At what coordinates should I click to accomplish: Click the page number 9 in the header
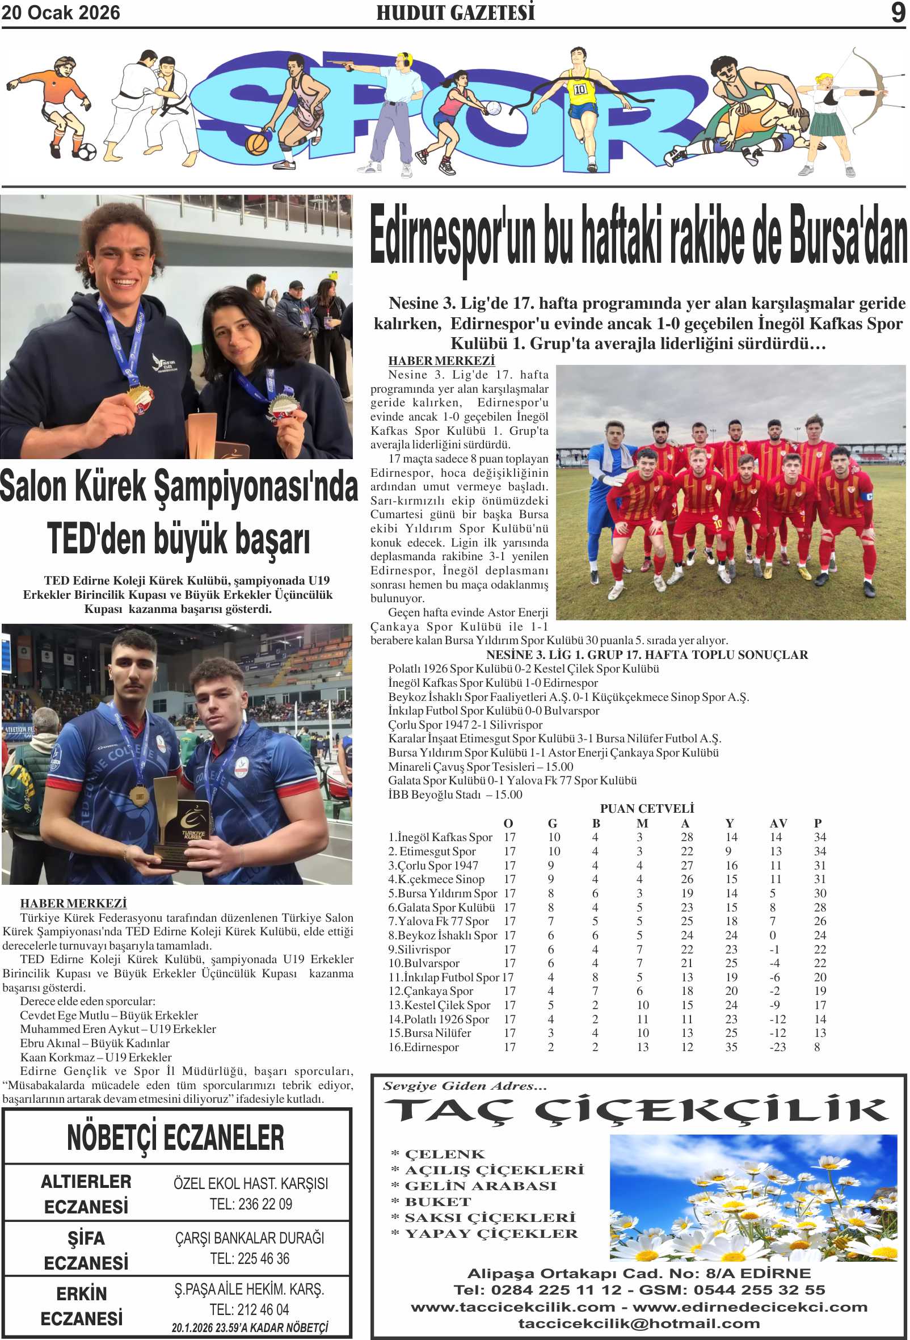898,12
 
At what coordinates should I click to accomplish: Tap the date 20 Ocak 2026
61,12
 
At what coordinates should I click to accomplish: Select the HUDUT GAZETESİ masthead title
456,12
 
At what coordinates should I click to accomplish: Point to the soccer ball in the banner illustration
86,152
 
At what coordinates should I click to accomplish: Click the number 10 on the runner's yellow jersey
579,89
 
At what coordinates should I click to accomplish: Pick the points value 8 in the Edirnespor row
816,1047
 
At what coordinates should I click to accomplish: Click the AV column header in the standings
778,824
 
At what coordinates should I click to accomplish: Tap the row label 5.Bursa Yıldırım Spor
443,893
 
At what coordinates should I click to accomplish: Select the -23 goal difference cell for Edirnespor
777,1047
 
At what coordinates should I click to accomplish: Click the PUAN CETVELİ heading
647,808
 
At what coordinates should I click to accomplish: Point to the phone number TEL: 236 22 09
251,1204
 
